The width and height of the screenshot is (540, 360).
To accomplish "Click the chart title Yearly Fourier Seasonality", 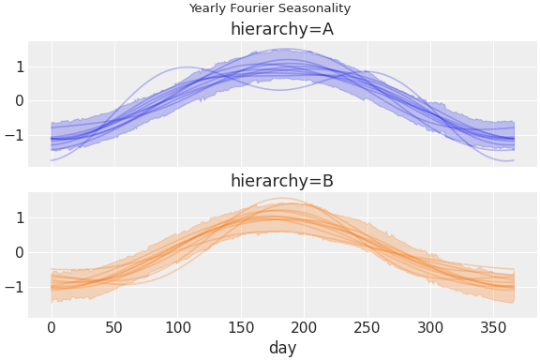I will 270,8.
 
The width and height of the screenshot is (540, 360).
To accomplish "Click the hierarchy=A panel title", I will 282,29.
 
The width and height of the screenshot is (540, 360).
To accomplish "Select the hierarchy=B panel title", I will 282,181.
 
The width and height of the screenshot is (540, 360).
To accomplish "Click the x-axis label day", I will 282,348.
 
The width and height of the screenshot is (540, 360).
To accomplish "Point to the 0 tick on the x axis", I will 52,327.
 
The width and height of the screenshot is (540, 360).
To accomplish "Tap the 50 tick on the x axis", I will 114,327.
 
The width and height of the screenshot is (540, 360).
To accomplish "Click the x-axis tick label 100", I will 178,327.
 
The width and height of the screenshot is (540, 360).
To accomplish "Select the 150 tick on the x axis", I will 241,327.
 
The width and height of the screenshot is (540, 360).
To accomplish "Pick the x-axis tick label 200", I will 305,327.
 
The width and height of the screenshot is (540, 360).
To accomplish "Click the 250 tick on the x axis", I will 367,327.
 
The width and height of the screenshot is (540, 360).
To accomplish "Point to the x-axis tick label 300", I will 431,327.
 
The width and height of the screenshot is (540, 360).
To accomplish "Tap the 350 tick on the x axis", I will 494,327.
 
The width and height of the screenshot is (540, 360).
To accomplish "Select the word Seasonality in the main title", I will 317,8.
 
